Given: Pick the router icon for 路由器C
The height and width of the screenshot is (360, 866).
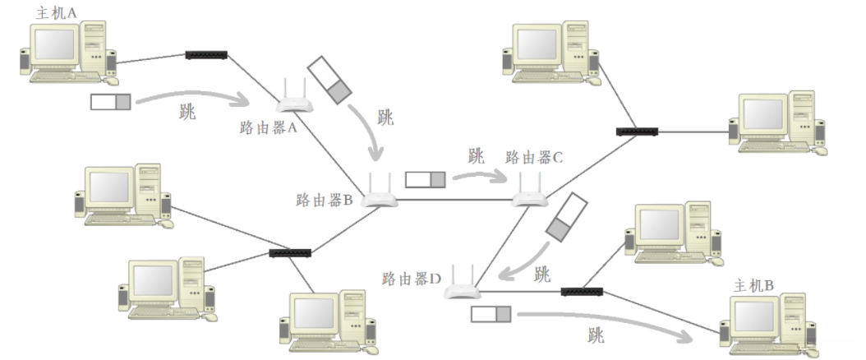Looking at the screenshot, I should point(530,194).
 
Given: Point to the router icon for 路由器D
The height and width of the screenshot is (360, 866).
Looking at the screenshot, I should point(461,285).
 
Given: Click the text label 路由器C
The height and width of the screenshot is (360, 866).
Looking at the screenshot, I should point(533,158).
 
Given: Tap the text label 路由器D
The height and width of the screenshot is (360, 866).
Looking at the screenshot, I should point(412,278).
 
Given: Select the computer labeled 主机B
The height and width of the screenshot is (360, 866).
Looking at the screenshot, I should point(765,325).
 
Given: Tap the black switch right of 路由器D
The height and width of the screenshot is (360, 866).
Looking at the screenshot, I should point(583,291).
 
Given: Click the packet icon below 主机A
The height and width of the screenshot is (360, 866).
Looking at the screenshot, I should point(111,102).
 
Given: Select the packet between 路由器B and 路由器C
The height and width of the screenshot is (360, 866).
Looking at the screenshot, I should point(426,178).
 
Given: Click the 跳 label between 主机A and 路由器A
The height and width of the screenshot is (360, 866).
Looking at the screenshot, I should point(187,113).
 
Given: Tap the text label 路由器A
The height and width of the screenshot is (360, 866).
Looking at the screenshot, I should point(268,127).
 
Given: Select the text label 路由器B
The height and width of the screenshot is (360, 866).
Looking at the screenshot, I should point(325,200).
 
